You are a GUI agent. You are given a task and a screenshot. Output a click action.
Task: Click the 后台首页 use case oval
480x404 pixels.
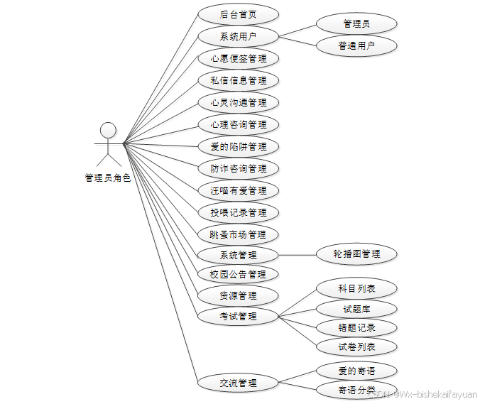click(238, 14)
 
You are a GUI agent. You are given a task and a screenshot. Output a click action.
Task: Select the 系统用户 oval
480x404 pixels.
click(238, 36)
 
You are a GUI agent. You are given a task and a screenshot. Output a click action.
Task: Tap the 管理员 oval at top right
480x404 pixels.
click(356, 24)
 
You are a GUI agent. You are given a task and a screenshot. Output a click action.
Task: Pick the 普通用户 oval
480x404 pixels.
click(356, 46)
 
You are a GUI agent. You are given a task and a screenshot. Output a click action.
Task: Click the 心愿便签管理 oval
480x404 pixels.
click(238, 58)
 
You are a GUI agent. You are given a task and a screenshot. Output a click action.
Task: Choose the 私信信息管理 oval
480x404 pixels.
click(238, 80)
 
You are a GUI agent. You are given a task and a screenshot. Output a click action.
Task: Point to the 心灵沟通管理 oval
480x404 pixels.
click(238, 102)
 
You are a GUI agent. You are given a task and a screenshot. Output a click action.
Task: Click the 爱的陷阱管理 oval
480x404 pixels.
click(238, 146)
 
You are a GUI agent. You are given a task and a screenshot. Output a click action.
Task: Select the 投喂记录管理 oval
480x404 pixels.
click(238, 212)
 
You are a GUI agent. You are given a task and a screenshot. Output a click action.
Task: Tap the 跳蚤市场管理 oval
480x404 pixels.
click(238, 234)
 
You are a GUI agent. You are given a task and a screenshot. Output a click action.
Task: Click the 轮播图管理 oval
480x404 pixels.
click(356, 253)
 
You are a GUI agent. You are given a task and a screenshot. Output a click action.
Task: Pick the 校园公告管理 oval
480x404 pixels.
click(238, 274)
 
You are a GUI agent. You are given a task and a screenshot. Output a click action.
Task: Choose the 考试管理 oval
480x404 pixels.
click(238, 316)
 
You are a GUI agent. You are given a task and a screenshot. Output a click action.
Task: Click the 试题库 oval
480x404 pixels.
click(356, 309)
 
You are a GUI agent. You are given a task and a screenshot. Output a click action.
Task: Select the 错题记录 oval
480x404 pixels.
click(356, 328)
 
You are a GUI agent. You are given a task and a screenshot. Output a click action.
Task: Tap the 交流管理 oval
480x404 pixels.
click(238, 383)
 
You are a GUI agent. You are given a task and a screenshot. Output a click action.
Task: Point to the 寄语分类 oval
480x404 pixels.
click(356, 390)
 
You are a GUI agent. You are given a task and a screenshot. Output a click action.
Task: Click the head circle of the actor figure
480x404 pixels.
click(108, 130)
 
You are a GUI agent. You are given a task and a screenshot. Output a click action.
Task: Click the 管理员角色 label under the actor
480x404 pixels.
click(108, 178)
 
